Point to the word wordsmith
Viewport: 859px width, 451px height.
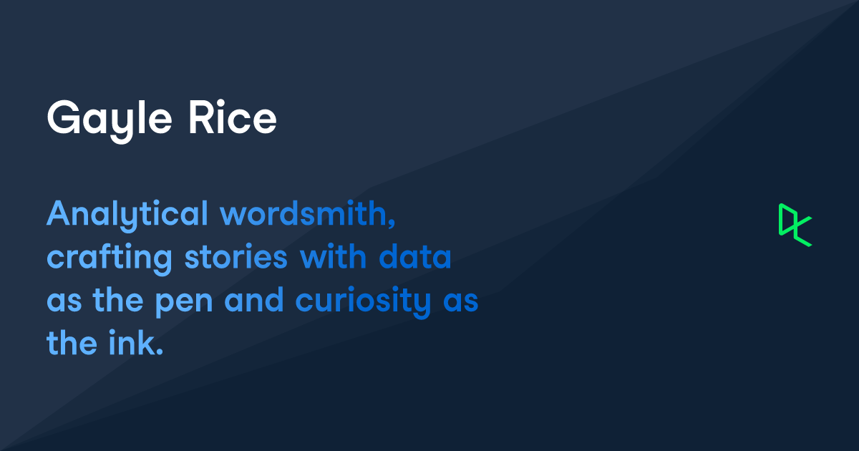pos(304,214)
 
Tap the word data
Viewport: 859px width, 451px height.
pos(415,258)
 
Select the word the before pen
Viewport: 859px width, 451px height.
pos(114,301)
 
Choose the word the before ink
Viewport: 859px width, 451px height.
pos(70,344)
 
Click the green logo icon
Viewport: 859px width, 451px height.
pos(795,225)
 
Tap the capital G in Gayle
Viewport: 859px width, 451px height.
pos(63,117)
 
